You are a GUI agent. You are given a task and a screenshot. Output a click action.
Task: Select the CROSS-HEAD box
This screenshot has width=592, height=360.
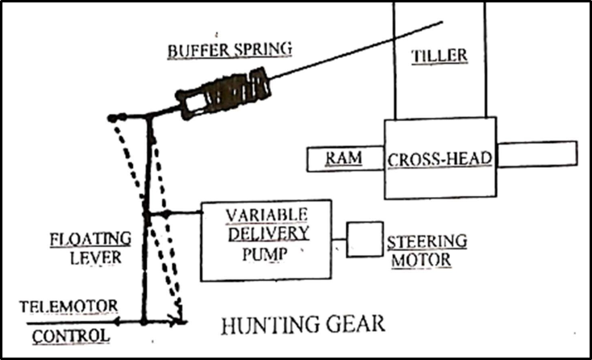(x=440, y=158)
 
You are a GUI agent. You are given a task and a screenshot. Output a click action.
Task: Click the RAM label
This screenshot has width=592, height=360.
(x=343, y=158)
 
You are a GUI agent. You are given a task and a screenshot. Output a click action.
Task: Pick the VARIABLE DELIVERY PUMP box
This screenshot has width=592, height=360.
(x=265, y=240)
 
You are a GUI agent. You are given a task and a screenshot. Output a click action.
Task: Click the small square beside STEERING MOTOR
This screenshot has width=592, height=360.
(x=365, y=239)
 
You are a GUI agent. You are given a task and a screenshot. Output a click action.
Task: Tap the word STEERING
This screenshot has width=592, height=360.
(x=427, y=241)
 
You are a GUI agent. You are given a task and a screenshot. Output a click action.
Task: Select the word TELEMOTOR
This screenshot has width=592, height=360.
(x=70, y=306)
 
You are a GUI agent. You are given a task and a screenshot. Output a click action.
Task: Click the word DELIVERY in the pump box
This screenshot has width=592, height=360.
(x=267, y=234)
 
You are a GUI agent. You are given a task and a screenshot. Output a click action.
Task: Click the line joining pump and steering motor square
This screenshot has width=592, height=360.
(x=339, y=240)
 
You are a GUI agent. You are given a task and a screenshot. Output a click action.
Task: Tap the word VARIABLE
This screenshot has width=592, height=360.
(x=266, y=216)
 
